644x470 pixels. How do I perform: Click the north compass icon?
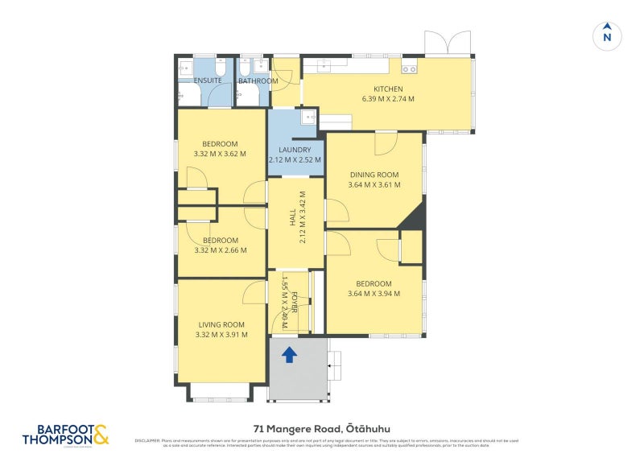pos(607,35)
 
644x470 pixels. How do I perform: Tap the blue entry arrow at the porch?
pos(289,353)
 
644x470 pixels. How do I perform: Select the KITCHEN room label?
pos(387,89)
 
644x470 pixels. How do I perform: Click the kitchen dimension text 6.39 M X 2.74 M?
pos(387,99)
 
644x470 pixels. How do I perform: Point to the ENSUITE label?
pos(207,80)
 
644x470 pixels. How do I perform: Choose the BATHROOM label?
pos(258,80)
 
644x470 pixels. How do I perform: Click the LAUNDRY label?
pos(295,150)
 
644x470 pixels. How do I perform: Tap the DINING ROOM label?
pos(374,175)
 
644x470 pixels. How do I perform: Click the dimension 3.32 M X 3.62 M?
pos(220,154)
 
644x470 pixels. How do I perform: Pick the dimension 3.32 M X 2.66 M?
pos(220,250)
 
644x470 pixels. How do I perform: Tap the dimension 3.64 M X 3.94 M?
pos(374,294)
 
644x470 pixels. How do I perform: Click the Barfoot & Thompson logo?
pos(64,435)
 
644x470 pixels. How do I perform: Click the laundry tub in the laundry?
pos(308,119)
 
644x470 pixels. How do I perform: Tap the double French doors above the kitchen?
pos(447,43)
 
